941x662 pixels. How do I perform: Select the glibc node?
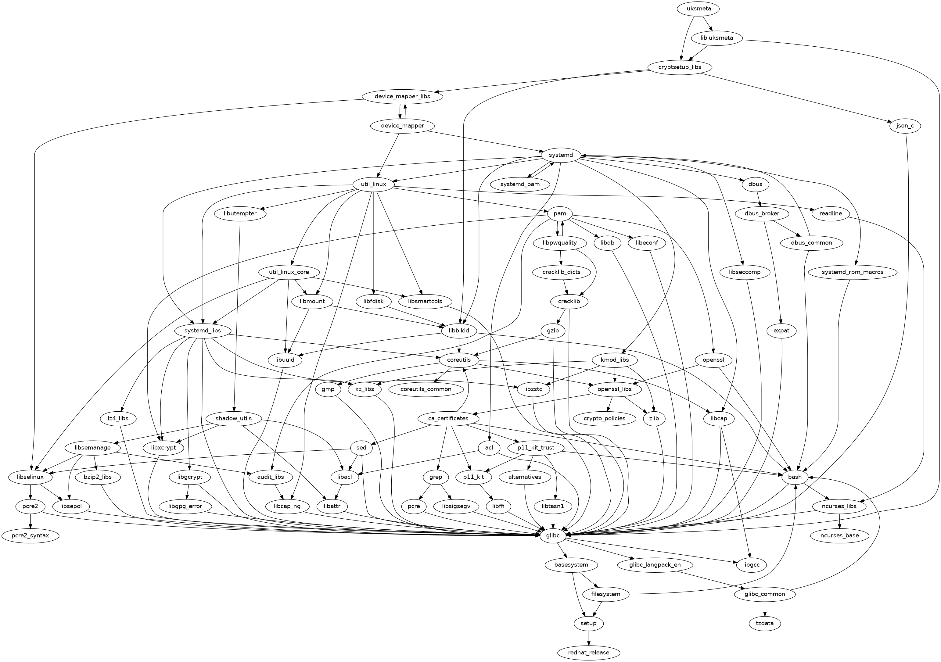coord(553,535)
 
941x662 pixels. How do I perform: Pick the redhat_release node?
coord(588,653)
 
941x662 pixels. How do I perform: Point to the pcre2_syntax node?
coord(30,535)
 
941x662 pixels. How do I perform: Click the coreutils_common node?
coord(426,389)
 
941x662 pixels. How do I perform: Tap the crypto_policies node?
coord(605,418)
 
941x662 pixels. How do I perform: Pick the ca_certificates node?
coord(448,418)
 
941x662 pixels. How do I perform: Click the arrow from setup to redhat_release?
coord(588,638)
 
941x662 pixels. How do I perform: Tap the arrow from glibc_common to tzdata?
coord(765,609)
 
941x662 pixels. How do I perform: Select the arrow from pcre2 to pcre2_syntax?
coord(30,521)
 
